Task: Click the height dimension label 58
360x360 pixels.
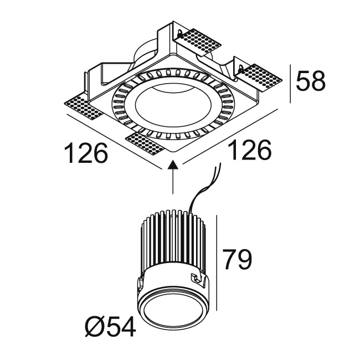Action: (311, 81)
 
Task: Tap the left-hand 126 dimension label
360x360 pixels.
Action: (86, 153)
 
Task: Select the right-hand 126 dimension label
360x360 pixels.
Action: (250, 150)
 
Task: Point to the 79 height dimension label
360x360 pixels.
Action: (237, 259)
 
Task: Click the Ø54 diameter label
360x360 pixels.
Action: (110, 327)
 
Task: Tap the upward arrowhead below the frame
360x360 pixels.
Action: (173, 164)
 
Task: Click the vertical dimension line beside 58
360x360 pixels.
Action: (290, 84)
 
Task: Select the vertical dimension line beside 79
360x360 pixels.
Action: (217, 263)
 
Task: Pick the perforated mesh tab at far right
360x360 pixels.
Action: (260, 78)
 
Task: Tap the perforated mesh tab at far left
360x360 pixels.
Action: (83, 107)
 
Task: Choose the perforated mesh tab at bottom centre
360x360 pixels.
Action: (145, 144)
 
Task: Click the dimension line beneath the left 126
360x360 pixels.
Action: (114, 142)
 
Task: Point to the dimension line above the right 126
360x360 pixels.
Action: (230, 137)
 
